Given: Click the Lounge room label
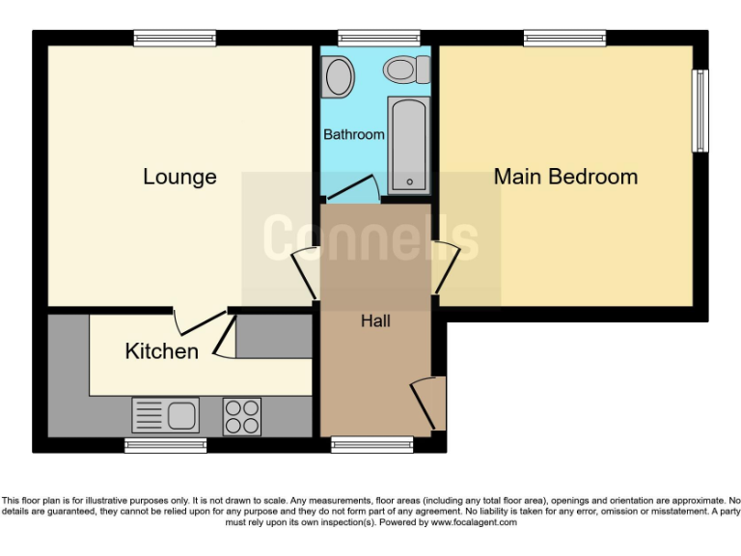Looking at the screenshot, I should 179,177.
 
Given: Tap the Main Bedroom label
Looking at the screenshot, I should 565,177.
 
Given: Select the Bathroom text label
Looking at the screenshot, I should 353,135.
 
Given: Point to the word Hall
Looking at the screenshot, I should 375,320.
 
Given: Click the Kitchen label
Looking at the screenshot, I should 162,351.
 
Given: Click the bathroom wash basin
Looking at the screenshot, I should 339,74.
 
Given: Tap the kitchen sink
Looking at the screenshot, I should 166,415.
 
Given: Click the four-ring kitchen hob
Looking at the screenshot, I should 242,416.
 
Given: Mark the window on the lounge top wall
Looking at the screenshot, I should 175,38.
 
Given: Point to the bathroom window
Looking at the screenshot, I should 378,38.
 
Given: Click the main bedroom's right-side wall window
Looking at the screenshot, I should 701,110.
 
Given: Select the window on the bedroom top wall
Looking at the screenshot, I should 564,38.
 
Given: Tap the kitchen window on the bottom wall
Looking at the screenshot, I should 165,445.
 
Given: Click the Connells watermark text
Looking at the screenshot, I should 370,237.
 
